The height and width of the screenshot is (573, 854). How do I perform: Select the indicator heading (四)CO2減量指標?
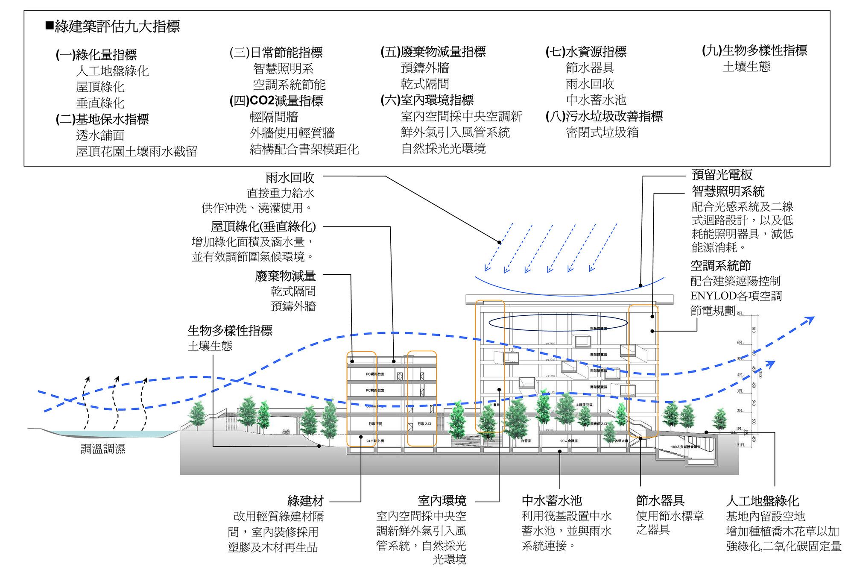point(276,101)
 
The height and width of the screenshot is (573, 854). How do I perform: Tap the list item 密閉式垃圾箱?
point(602,132)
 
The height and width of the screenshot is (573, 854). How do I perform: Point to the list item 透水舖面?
point(100,135)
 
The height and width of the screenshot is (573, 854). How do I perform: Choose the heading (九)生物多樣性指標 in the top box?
point(755,50)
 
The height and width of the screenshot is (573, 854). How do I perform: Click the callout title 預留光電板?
point(722,175)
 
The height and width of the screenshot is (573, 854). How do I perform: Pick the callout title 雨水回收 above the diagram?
point(290,177)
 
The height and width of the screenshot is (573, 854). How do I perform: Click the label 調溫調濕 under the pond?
point(103,449)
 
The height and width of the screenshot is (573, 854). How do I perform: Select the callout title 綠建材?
point(306,501)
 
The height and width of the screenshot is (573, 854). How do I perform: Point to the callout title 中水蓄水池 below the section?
point(552,500)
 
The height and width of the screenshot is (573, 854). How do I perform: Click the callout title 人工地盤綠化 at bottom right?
point(762,501)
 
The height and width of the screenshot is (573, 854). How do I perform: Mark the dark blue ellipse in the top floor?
point(558,323)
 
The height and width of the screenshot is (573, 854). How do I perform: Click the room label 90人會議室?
point(569,441)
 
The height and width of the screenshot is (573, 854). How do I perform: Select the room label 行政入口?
point(424,423)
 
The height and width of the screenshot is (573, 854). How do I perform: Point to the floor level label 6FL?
point(740,343)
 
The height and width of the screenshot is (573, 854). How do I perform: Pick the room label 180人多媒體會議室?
point(685,447)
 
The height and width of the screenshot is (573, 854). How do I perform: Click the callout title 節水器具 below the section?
point(660,500)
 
